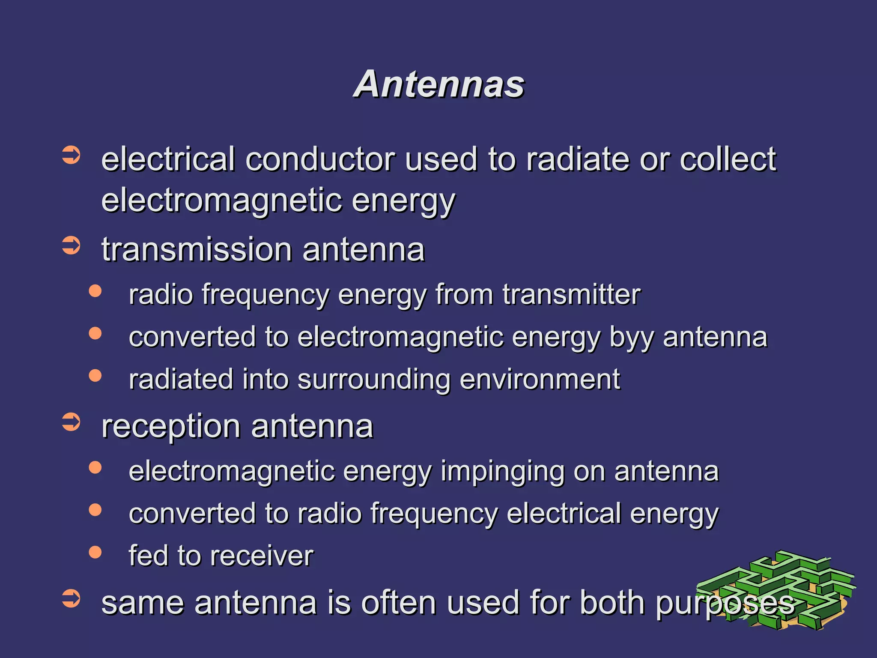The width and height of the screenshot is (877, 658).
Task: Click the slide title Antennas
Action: pos(438,84)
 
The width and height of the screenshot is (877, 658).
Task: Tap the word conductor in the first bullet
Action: pos(320,159)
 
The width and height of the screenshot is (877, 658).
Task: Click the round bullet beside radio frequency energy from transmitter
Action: pos(95,291)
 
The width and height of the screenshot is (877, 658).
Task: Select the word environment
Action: pos(540,380)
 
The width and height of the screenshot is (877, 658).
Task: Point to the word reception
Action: pos(171,427)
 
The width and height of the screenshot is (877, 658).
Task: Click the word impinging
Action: pos(502,472)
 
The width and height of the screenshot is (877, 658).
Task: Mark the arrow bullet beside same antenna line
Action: pos(71,598)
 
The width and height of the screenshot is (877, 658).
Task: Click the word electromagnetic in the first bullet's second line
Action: pos(222,200)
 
